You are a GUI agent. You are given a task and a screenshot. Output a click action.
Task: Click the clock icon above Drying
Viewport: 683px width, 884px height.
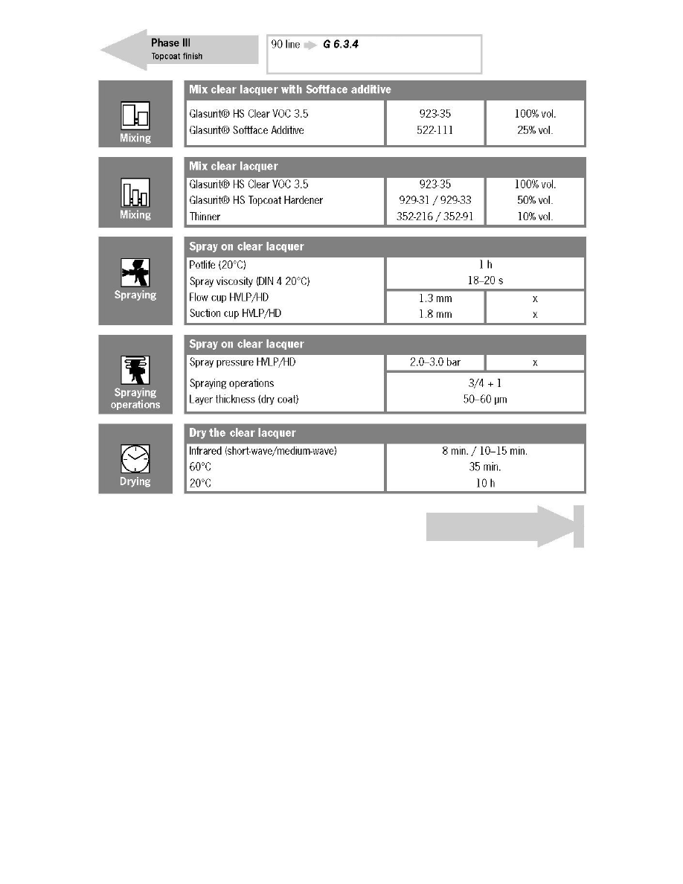click(x=135, y=458)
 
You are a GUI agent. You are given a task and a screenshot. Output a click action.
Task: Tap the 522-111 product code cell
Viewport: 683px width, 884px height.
click(x=435, y=130)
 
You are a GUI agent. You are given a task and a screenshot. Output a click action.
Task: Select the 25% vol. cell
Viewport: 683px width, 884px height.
click(x=535, y=130)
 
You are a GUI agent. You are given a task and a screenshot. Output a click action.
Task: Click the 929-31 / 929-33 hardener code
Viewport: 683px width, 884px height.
click(x=435, y=200)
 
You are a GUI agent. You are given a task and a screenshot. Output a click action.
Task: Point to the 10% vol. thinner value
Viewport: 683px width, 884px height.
click(x=535, y=217)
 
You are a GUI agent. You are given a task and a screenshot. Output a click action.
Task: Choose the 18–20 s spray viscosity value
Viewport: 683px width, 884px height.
click(x=485, y=281)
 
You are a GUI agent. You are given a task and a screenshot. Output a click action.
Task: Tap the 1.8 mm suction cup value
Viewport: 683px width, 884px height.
click(x=435, y=314)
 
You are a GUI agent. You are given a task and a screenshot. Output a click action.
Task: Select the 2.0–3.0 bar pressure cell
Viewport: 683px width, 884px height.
click(x=435, y=362)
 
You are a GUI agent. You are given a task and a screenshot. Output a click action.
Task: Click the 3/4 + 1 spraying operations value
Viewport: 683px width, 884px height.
click(x=485, y=383)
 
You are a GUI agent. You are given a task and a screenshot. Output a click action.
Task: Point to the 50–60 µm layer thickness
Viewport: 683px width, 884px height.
click(x=485, y=400)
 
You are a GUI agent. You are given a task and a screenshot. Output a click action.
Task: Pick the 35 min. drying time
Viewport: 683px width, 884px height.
click(x=485, y=467)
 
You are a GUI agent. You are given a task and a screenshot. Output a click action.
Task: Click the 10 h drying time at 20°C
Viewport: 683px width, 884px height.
click(x=485, y=483)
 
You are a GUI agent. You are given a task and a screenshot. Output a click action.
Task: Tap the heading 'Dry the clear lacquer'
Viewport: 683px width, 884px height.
click(x=243, y=433)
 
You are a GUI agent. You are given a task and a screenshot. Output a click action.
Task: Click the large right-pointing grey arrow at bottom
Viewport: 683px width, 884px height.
click(x=504, y=526)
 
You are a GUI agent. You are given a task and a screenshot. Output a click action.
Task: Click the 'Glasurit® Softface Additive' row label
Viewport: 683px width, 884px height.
click(x=246, y=130)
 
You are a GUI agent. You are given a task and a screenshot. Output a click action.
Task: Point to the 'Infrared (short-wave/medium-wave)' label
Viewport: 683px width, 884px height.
click(x=263, y=451)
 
